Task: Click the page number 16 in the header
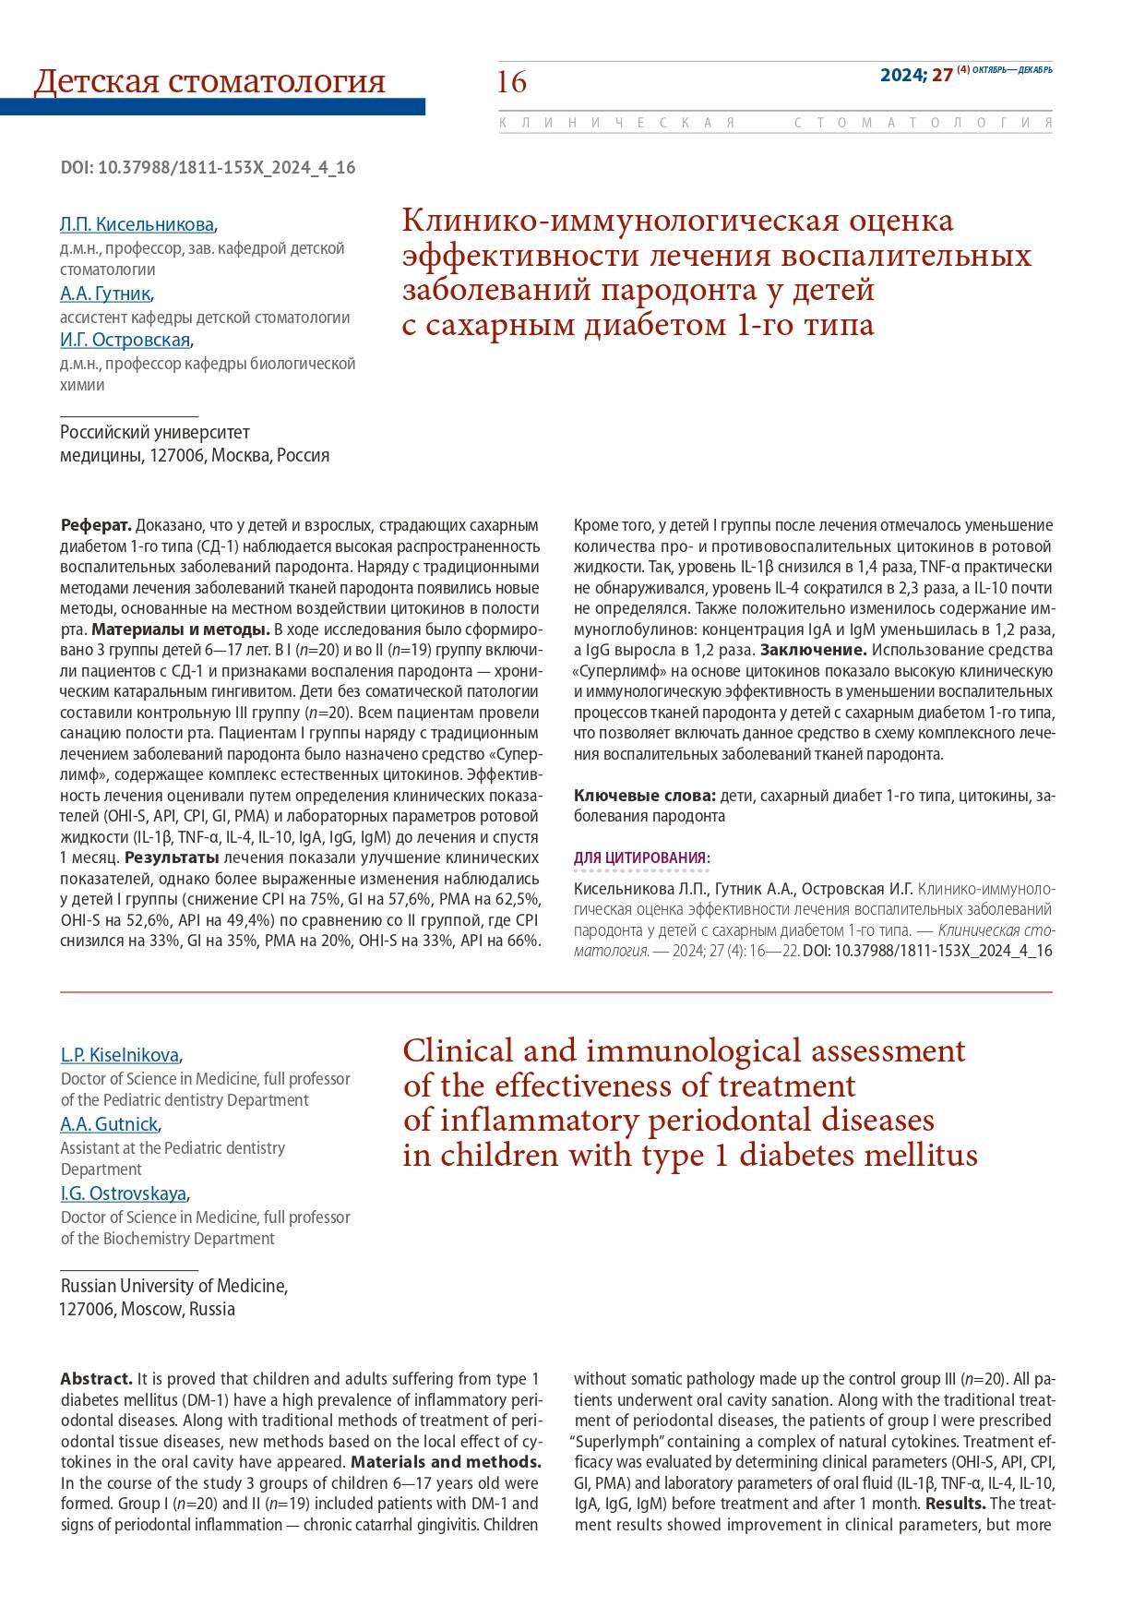click(512, 82)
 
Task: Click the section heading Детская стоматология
click(209, 81)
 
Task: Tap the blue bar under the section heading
click(212, 107)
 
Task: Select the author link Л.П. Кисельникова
click(137, 224)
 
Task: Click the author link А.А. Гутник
click(105, 294)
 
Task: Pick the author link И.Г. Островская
click(125, 341)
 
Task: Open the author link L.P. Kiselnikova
click(120, 1055)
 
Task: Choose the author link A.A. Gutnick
click(109, 1124)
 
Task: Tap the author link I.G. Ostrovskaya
click(124, 1193)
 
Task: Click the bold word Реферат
click(96, 526)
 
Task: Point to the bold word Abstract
click(97, 1379)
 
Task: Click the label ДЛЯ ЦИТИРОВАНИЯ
click(641, 858)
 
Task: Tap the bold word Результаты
click(166, 857)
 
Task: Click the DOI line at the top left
click(208, 168)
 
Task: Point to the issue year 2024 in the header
click(902, 76)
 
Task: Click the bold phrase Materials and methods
click(447, 1462)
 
